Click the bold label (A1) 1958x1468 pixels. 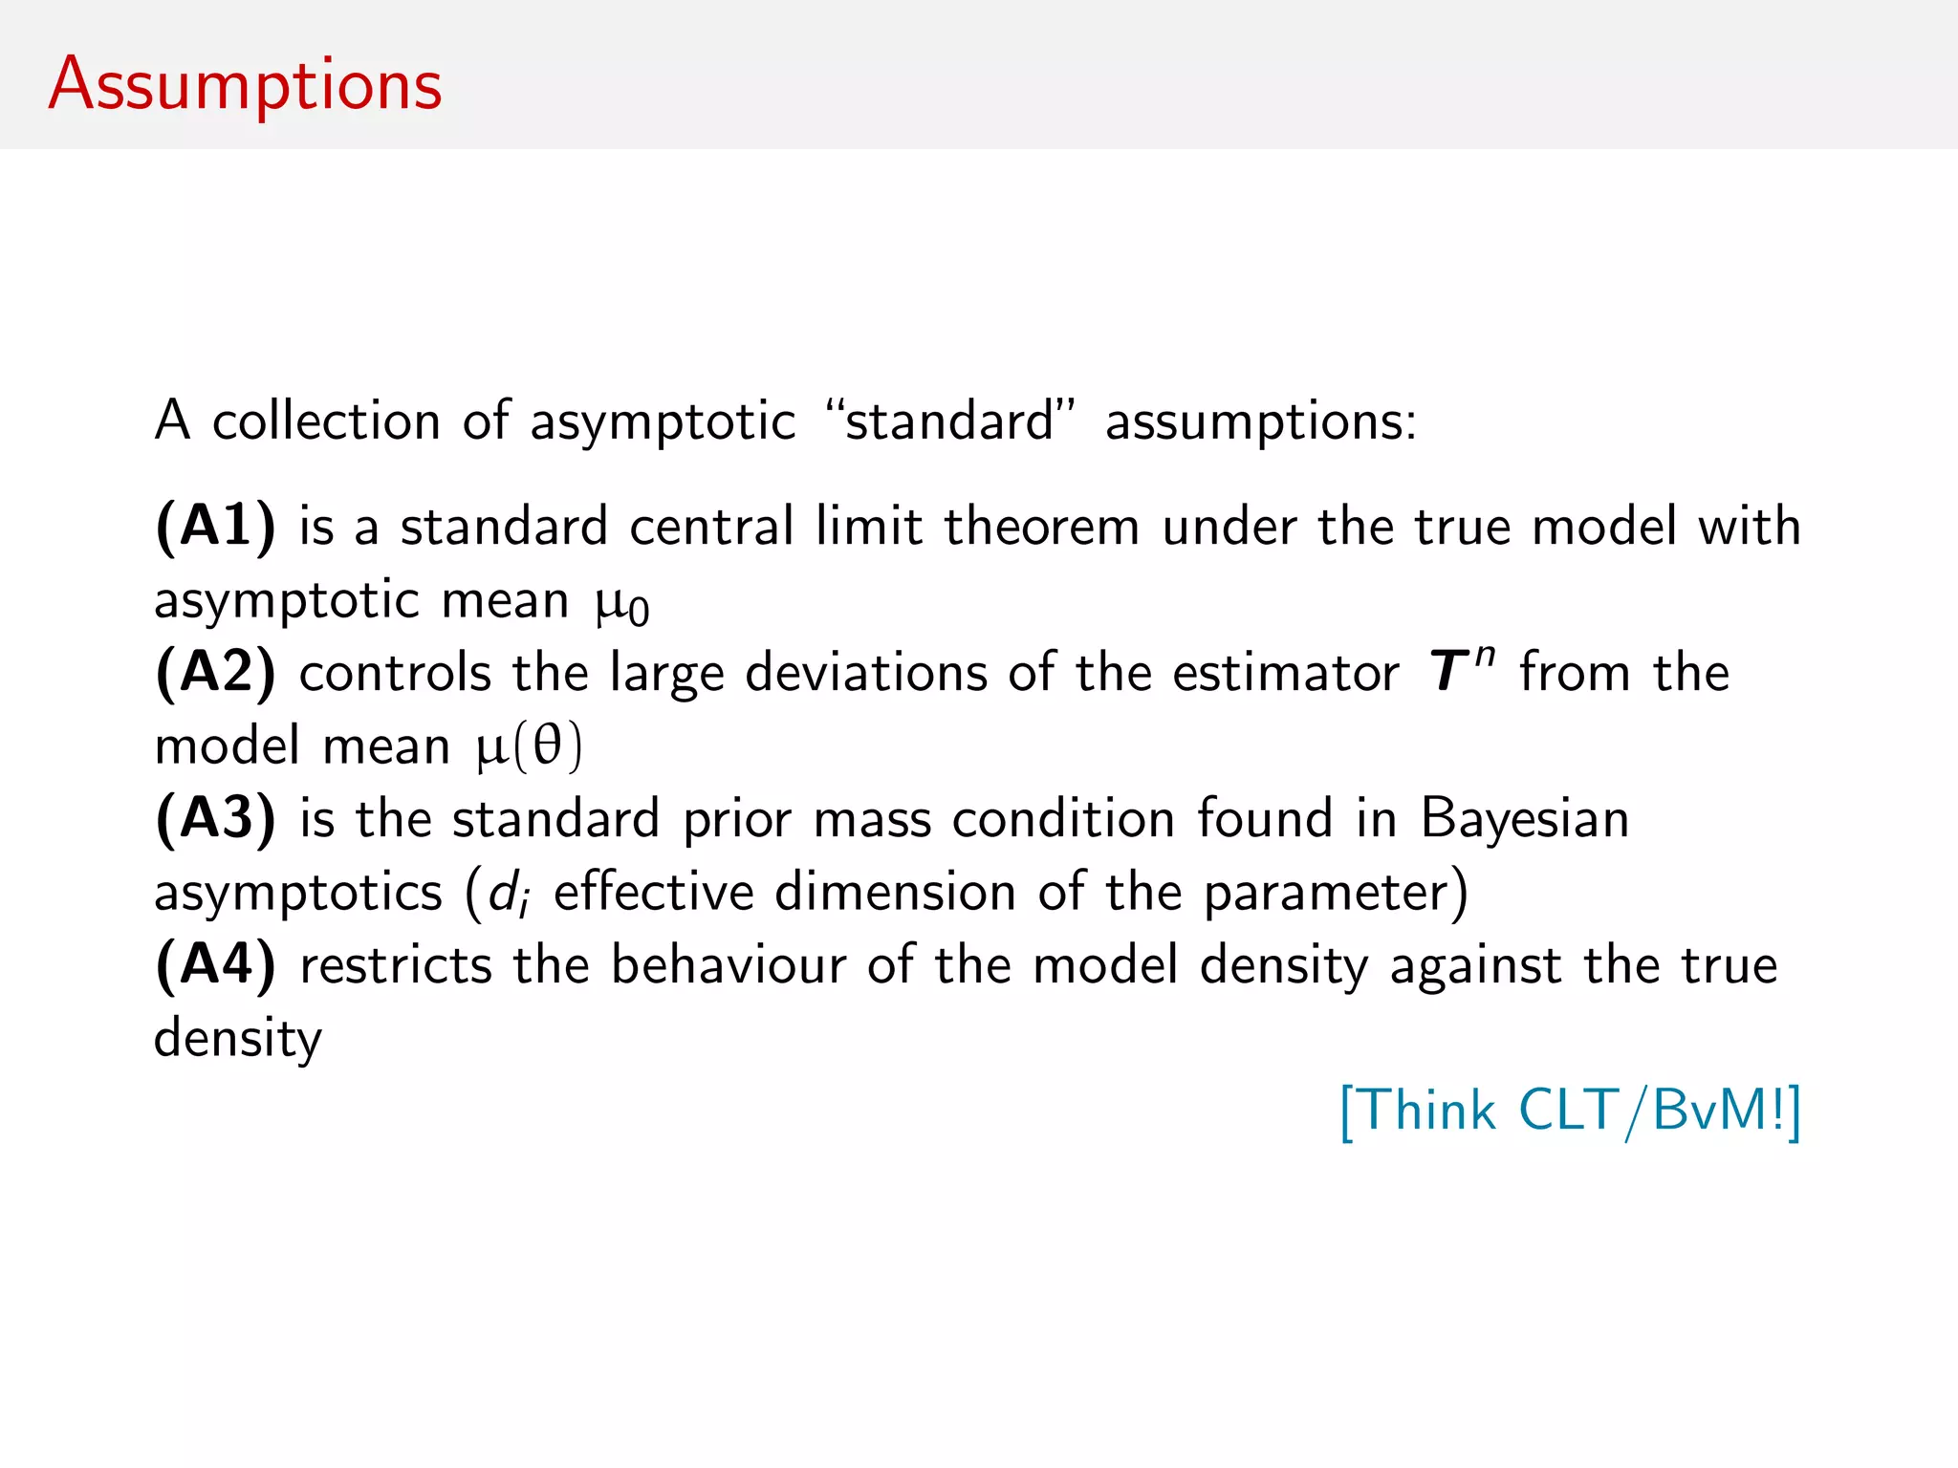(x=216, y=527)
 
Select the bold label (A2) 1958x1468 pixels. (x=216, y=673)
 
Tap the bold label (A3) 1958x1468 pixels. (x=216, y=819)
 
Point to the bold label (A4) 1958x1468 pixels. (x=216, y=965)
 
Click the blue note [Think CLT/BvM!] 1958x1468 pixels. (x=1570, y=1112)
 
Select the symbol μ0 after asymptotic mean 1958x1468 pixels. (x=621, y=604)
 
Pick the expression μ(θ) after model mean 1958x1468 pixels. (x=529, y=747)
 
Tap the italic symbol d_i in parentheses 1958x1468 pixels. (x=508, y=895)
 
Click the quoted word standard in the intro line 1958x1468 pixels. (x=949, y=421)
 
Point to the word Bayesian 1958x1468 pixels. (x=1524, y=819)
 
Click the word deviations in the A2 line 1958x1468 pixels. (x=865, y=673)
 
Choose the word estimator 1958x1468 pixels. (x=1285, y=673)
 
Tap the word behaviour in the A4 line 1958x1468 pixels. (x=729, y=965)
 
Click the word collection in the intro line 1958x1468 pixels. (x=326, y=421)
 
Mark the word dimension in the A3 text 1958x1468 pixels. (x=896, y=893)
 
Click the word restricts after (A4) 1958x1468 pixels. (x=396, y=965)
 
